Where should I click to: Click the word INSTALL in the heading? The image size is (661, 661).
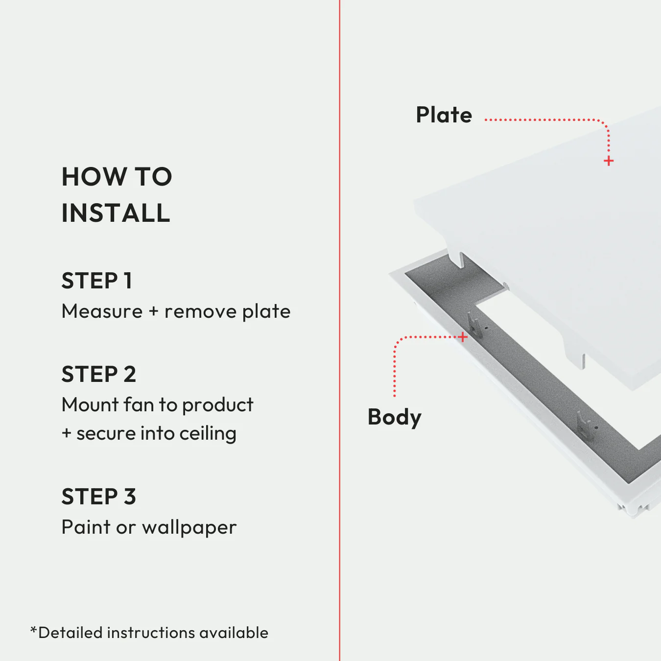(x=116, y=213)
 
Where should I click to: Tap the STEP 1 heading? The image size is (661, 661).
(x=97, y=281)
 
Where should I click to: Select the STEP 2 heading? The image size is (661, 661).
(x=98, y=375)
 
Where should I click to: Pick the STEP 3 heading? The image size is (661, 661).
(x=98, y=497)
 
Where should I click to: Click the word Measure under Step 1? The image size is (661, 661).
(x=102, y=311)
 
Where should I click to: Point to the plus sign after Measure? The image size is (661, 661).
(x=154, y=312)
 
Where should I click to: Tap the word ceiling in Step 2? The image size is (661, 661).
(x=208, y=434)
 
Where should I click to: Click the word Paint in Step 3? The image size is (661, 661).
(x=86, y=527)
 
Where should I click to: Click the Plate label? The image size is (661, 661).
(x=444, y=115)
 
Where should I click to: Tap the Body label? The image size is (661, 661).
(x=394, y=418)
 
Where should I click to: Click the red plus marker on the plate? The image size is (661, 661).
(x=609, y=161)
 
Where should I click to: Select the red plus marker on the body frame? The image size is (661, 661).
(x=463, y=337)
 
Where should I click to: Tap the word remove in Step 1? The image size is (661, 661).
(x=200, y=312)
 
